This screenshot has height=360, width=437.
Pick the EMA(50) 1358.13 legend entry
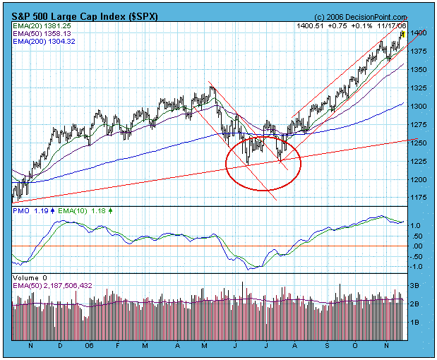pos(42,34)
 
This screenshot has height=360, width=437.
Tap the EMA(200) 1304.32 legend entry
pos(44,42)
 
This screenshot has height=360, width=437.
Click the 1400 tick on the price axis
pos(419,32)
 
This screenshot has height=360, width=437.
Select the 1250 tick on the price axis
pos(419,143)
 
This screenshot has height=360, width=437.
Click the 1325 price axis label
pos(419,88)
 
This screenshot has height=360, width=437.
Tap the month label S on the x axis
pos(328,347)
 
